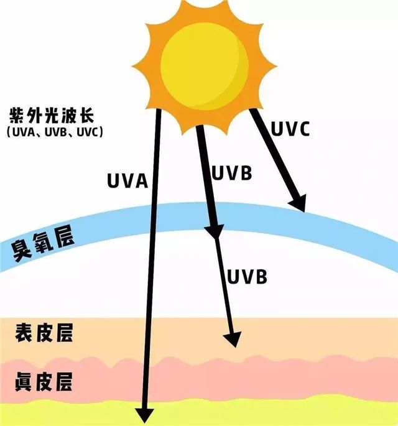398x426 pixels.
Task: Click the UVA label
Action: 127,180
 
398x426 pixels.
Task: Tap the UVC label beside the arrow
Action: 290,129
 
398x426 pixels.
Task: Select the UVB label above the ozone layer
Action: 231,173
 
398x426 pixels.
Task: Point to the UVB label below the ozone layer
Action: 247,277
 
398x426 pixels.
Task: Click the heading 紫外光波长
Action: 52,116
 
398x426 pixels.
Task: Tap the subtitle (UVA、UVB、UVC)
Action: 55,132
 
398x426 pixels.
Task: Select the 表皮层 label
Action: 44,333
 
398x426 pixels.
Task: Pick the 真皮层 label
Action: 44,381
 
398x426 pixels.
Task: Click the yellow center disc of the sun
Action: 205,66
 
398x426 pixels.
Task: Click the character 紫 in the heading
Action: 17,116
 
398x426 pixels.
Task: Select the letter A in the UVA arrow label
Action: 141,181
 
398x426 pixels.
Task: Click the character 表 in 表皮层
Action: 24,333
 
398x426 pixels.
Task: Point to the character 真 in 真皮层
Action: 24,381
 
